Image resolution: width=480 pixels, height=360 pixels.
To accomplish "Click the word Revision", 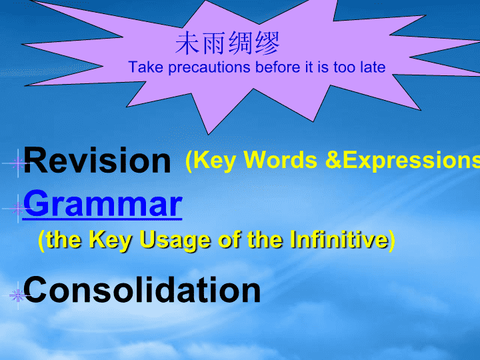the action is tap(97, 161).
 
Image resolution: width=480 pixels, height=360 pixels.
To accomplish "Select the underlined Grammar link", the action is tap(103, 203).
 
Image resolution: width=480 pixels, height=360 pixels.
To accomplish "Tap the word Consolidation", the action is tap(142, 289).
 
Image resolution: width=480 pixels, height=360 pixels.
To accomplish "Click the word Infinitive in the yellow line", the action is tap(340, 239).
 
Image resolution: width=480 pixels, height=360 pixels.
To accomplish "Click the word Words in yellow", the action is tap(281, 160).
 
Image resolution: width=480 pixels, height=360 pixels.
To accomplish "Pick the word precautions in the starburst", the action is tap(209, 67).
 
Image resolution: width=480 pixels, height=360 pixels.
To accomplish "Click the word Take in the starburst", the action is tap(146, 67).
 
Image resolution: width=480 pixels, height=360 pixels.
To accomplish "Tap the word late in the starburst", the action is tap(373, 67).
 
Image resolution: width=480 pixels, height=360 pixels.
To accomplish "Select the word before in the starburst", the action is tap(277, 67).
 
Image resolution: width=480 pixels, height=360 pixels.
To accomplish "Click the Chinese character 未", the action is tap(188, 43).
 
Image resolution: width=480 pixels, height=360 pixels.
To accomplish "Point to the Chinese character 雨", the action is tap(214, 43).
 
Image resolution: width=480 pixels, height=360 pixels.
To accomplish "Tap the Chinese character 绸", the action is tap(240, 43).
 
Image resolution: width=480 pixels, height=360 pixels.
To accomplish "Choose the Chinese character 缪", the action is tap(267, 43).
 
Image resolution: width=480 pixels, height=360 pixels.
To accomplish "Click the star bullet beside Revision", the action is tap(17, 163).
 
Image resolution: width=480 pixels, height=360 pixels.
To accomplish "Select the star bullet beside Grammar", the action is tap(17, 209).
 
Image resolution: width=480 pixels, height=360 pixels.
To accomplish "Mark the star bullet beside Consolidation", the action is tap(17, 296).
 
